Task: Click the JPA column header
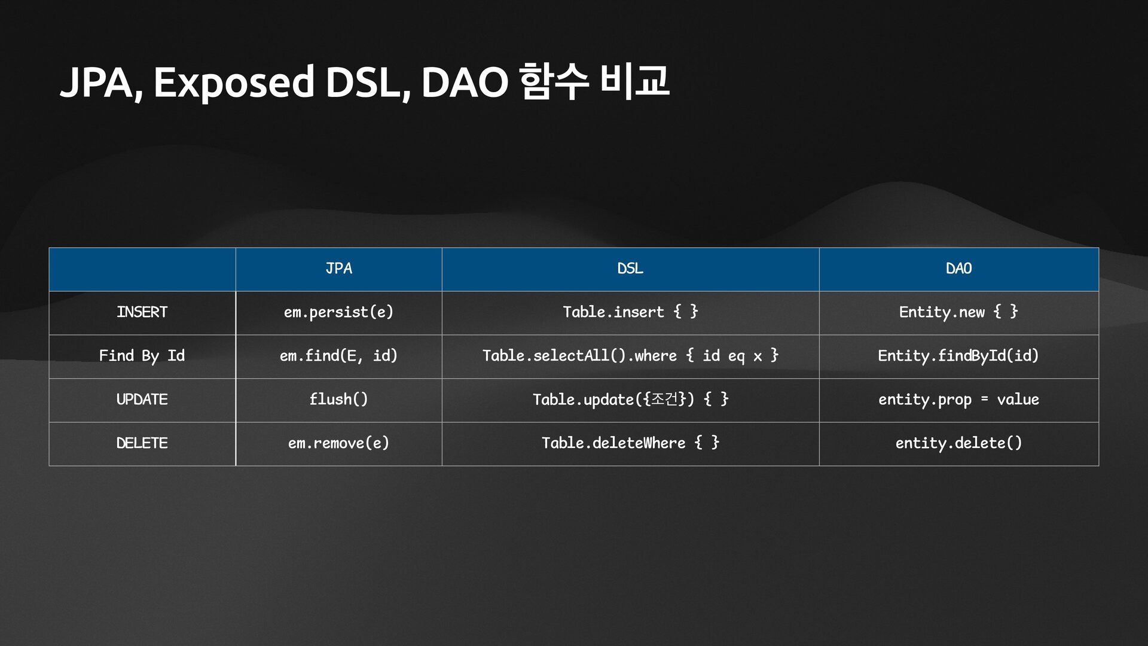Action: [338, 269]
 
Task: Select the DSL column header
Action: [630, 269]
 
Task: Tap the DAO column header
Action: [958, 269]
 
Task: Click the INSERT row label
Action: [142, 312]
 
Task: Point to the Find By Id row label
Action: [142, 356]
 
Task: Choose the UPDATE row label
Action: [142, 400]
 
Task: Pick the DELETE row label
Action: [142, 443]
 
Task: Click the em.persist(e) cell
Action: [338, 312]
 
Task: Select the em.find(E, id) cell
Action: [338, 356]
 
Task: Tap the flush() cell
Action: [338, 400]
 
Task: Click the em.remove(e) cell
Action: [338, 443]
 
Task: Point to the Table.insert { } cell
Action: [630, 312]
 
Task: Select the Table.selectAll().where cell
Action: [630, 356]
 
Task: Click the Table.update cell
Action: [630, 400]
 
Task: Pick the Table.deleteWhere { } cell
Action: [630, 443]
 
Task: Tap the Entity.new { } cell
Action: [958, 312]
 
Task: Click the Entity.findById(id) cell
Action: [958, 356]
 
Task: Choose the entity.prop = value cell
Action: [958, 400]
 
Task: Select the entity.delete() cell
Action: [958, 443]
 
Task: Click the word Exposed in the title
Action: [233, 83]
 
